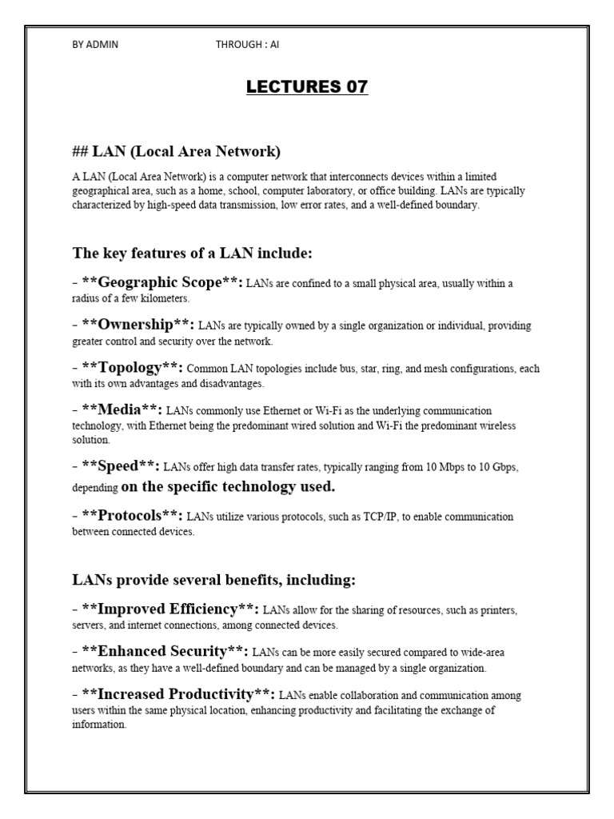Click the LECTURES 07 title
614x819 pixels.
[307, 87]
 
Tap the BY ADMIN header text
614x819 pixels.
[95, 45]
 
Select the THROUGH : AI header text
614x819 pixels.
[247, 45]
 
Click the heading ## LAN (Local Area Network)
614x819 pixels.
[177, 151]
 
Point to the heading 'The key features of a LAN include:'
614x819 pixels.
[192, 254]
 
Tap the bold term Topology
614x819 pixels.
[133, 367]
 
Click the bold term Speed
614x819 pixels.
[121, 465]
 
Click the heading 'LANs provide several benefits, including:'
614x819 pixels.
[213, 578]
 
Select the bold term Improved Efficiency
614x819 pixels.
[170, 609]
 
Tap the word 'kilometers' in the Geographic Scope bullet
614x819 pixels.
[163, 298]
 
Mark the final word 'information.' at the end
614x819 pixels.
[99, 725]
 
